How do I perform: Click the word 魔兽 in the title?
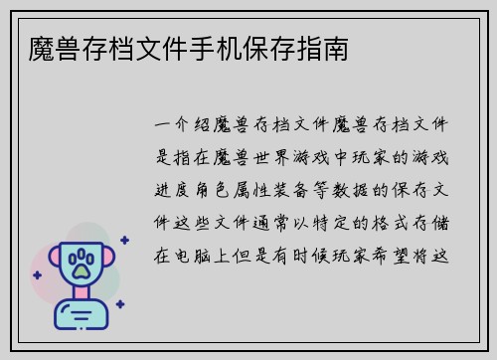click(45, 48)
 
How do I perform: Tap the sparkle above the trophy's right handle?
click(124, 240)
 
